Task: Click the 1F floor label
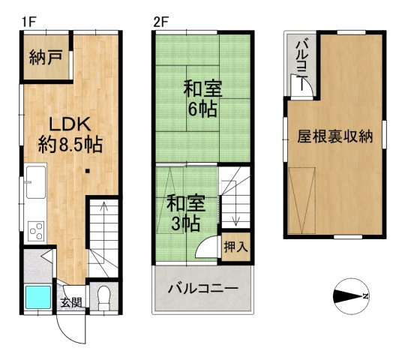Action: tap(28, 22)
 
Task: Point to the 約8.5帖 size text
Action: tap(70, 144)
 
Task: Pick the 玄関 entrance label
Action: tap(71, 303)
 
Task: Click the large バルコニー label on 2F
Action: tap(202, 289)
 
